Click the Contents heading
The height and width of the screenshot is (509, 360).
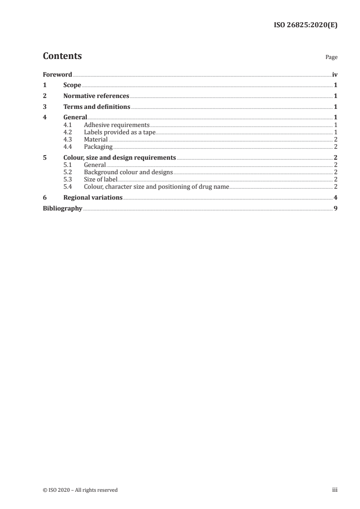coord(62,56)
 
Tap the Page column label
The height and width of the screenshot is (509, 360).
coord(331,58)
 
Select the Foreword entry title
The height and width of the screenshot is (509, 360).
coord(57,74)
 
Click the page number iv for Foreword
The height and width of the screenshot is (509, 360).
coord(335,74)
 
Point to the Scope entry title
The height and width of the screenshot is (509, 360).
coord(72,85)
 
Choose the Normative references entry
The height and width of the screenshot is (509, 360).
coord(96,96)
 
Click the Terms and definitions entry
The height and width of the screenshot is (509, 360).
coord(97,107)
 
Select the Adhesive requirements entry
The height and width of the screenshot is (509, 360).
coord(117,125)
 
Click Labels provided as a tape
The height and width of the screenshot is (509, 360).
coord(119,132)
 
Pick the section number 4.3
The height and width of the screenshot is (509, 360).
coord(68,140)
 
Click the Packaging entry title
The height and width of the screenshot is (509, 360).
coord(98,147)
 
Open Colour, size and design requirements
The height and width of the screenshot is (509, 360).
coord(120,158)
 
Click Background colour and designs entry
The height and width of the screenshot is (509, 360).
coord(128,172)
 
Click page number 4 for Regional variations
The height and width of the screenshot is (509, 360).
coord(335,198)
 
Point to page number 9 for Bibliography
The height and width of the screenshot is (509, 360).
coord(335,209)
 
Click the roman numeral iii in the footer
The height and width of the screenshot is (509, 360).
coord(335,490)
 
